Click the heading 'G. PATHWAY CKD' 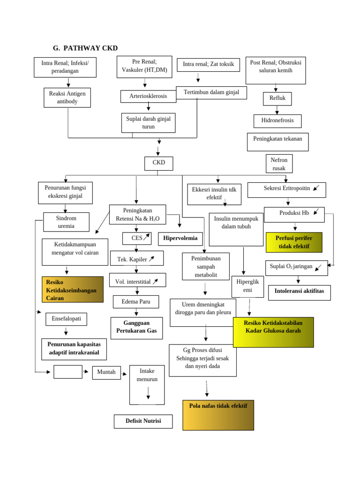pos(85,48)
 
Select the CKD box pos(158,164)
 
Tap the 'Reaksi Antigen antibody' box pos(67,97)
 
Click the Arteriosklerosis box pos(148,96)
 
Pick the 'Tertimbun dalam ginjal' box pos(211,92)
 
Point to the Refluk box pos(277,98)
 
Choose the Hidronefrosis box pos(277,120)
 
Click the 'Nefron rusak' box pos(279,164)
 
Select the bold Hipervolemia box pos(180,239)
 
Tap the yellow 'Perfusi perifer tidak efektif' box pos(294,242)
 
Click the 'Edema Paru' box pos(136,301)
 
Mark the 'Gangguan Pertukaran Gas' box pos(136,328)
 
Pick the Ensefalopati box pos(66,319)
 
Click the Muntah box pos(106,372)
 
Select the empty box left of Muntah pos(68,372)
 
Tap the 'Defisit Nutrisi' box pos(143,421)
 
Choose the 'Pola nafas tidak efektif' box pos(218,415)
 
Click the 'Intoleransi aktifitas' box pos(299,292)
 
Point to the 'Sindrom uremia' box pos(66,222)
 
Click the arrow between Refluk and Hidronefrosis pos(277,110)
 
